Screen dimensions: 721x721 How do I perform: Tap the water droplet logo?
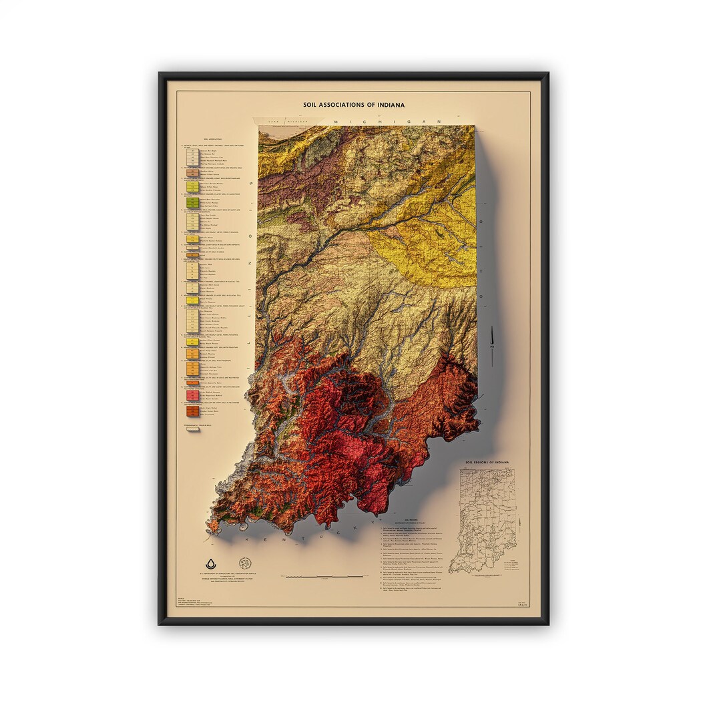(212, 563)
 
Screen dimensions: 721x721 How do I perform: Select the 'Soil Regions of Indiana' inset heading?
(487, 463)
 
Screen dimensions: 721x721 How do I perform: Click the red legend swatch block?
(191, 395)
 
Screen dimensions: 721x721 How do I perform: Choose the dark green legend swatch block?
(192, 201)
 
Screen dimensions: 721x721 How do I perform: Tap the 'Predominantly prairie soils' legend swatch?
(192, 429)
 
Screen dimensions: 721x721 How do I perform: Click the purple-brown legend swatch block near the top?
(191, 173)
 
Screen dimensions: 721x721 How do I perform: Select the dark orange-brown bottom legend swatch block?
(191, 412)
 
